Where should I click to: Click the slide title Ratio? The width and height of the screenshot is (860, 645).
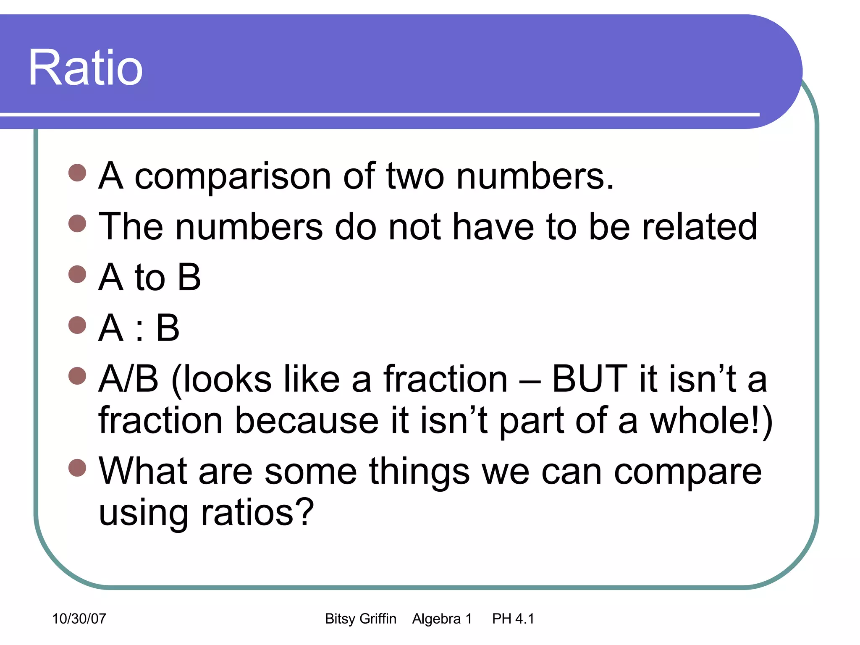(85, 68)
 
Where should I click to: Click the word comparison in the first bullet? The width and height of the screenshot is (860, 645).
(233, 176)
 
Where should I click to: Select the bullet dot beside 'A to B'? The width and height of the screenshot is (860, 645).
(77, 274)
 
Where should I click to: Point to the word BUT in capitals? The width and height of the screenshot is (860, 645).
(590, 379)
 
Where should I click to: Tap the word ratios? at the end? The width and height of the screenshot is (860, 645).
(257, 512)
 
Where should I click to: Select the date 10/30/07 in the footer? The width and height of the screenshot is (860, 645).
(79, 619)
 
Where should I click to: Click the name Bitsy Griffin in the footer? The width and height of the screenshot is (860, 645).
(360, 619)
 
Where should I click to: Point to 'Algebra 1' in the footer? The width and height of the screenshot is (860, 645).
(442, 619)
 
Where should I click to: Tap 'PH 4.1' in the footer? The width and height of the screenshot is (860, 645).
(513, 619)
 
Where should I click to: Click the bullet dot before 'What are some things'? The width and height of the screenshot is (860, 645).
(77, 468)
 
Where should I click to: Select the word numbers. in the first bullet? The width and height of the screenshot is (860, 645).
(535, 176)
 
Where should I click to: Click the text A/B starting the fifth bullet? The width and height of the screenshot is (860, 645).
(128, 379)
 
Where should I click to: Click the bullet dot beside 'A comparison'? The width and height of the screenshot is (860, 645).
(77, 173)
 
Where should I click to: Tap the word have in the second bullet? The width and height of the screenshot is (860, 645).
(493, 227)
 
